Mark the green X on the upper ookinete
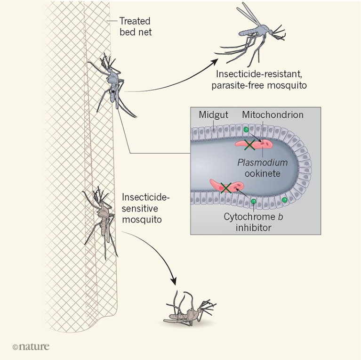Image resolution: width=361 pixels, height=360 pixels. (x=249, y=145)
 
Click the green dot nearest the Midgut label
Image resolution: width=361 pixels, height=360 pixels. (x=245, y=130)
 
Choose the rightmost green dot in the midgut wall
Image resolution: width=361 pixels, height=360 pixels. (x=285, y=200)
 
